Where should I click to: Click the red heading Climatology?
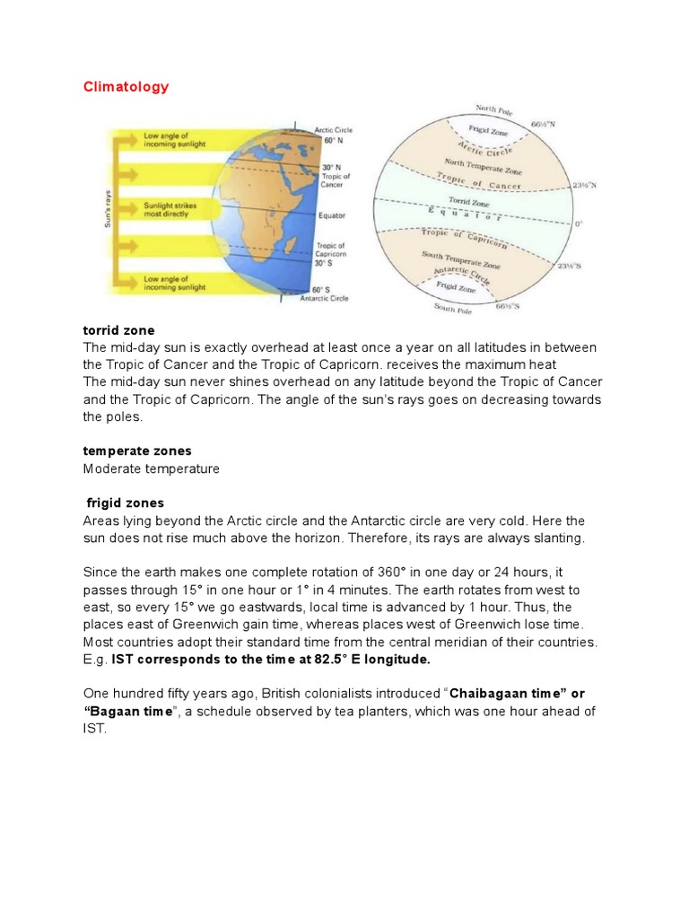click(126, 87)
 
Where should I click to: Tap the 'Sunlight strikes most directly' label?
click(170, 209)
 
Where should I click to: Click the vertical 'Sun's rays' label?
click(109, 212)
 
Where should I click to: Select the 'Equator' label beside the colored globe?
click(331, 216)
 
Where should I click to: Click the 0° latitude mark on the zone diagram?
click(579, 223)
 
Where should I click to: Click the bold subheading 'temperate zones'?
click(137, 451)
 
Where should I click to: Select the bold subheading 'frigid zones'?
click(126, 503)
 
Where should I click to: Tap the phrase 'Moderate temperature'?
click(151, 468)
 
